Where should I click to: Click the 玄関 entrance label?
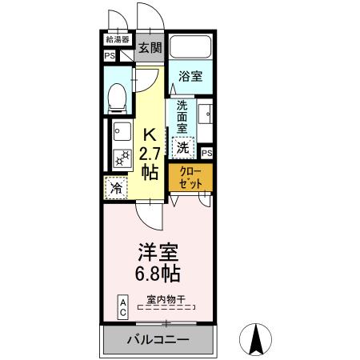click(x=150, y=48)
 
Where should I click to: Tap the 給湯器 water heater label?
click(x=117, y=38)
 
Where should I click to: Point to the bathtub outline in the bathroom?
click(x=190, y=50)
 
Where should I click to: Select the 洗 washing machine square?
click(x=183, y=147)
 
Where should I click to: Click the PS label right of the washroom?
click(x=206, y=153)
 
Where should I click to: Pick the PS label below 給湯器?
click(x=109, y=56)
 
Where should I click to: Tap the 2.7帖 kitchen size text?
click(x=150, y=160)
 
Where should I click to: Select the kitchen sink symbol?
click(x=121, y=129)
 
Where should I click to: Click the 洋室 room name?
click(x=157, y=251)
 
